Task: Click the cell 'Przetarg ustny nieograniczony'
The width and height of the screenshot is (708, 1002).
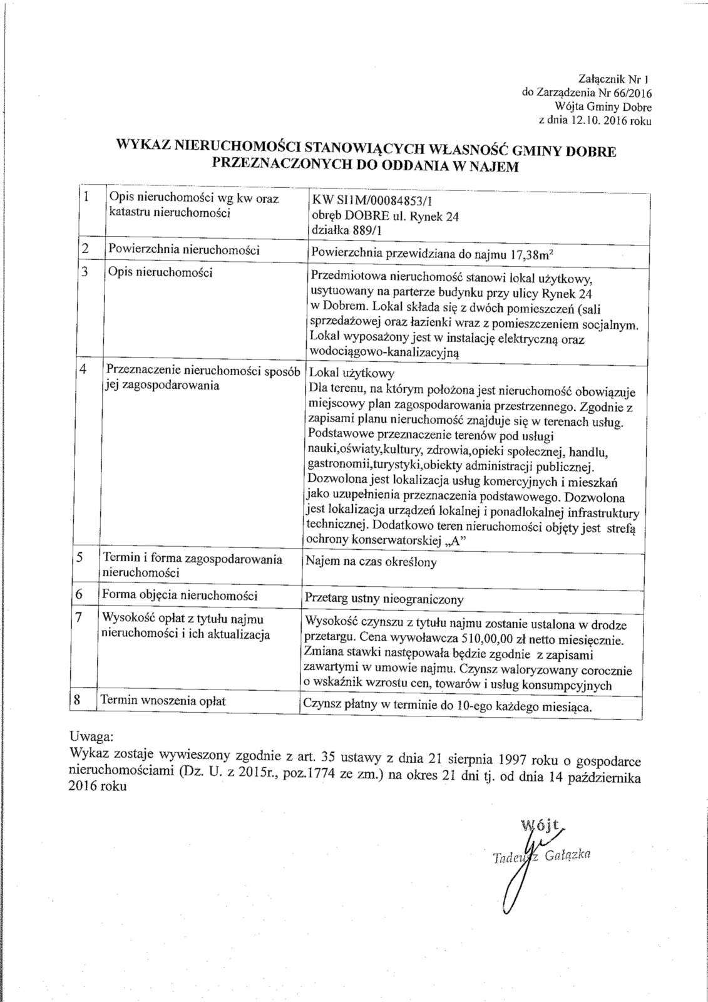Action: [x=383, y=599]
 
